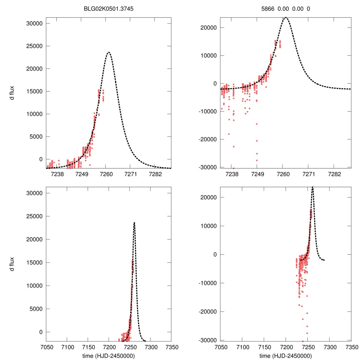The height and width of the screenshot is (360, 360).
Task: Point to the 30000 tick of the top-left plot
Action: click(35, 24)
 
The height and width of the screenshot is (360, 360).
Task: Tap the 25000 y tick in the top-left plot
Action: click(35, 46)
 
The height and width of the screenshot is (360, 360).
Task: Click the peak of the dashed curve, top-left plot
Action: click(109, 52)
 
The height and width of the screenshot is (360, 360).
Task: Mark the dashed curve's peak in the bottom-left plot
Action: click(134, 223)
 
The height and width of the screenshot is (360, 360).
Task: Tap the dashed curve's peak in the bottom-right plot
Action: click(313, 187)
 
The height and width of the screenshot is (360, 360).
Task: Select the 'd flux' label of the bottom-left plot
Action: click(12, 264)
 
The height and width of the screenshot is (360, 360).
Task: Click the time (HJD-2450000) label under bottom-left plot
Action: click(108, 355)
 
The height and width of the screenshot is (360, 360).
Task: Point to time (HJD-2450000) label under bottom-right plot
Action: click(286, 355)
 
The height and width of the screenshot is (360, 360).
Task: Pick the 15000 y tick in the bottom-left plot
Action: click(35, 263)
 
